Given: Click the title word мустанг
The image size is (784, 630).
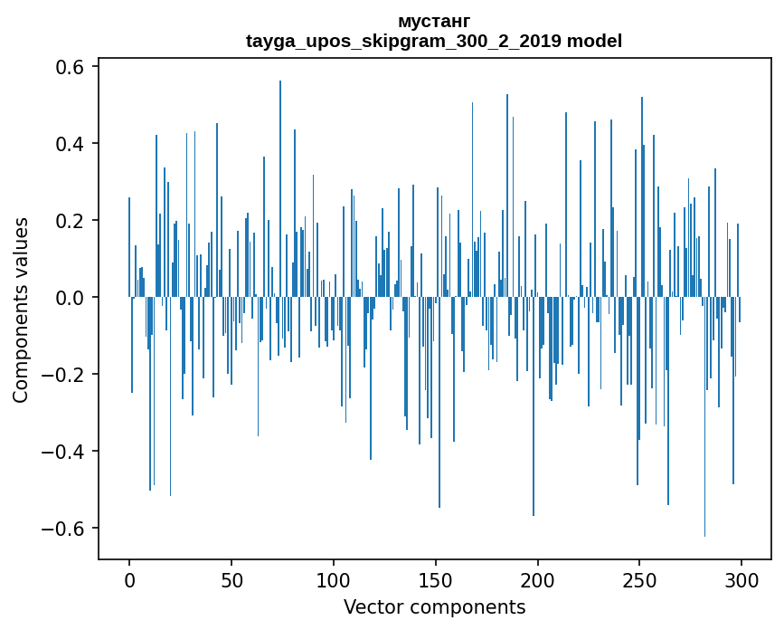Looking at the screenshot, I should pyautogui.click(x=434, y=21).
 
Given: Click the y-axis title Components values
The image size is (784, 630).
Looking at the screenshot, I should pyautogui.click(x=21, y=310).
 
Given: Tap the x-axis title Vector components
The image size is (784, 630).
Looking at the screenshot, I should pyautogui.click(x=434, y=606).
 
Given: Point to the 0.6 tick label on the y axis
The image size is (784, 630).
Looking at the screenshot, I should pyautogui.click(x=66, y=67).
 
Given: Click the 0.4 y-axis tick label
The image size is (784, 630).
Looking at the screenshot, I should pyautogui.click(x=66, y=144).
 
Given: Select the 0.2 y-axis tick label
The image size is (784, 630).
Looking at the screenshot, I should pyautogui.click(x=66, y=221).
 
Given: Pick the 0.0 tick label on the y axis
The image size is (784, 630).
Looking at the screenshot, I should pyautogui.click(x=66, y=298).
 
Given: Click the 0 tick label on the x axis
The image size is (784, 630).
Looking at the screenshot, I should pyautogui.click(x=129, y=579).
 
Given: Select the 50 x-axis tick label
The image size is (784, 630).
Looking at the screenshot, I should pyautogui.click(x=231, y=579).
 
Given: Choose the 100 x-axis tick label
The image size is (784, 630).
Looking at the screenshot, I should pyautogui.click(x=334, y=579).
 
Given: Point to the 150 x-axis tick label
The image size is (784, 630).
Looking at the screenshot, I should pyautogui.click(x=436, y=579).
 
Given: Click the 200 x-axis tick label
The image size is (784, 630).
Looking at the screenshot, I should pyautogui.click(x=538, y=579).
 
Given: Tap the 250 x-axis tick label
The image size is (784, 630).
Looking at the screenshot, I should pyautogui.click(x=640, y=579).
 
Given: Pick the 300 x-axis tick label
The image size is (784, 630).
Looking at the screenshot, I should pyautogui.click(x=742, y=579).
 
